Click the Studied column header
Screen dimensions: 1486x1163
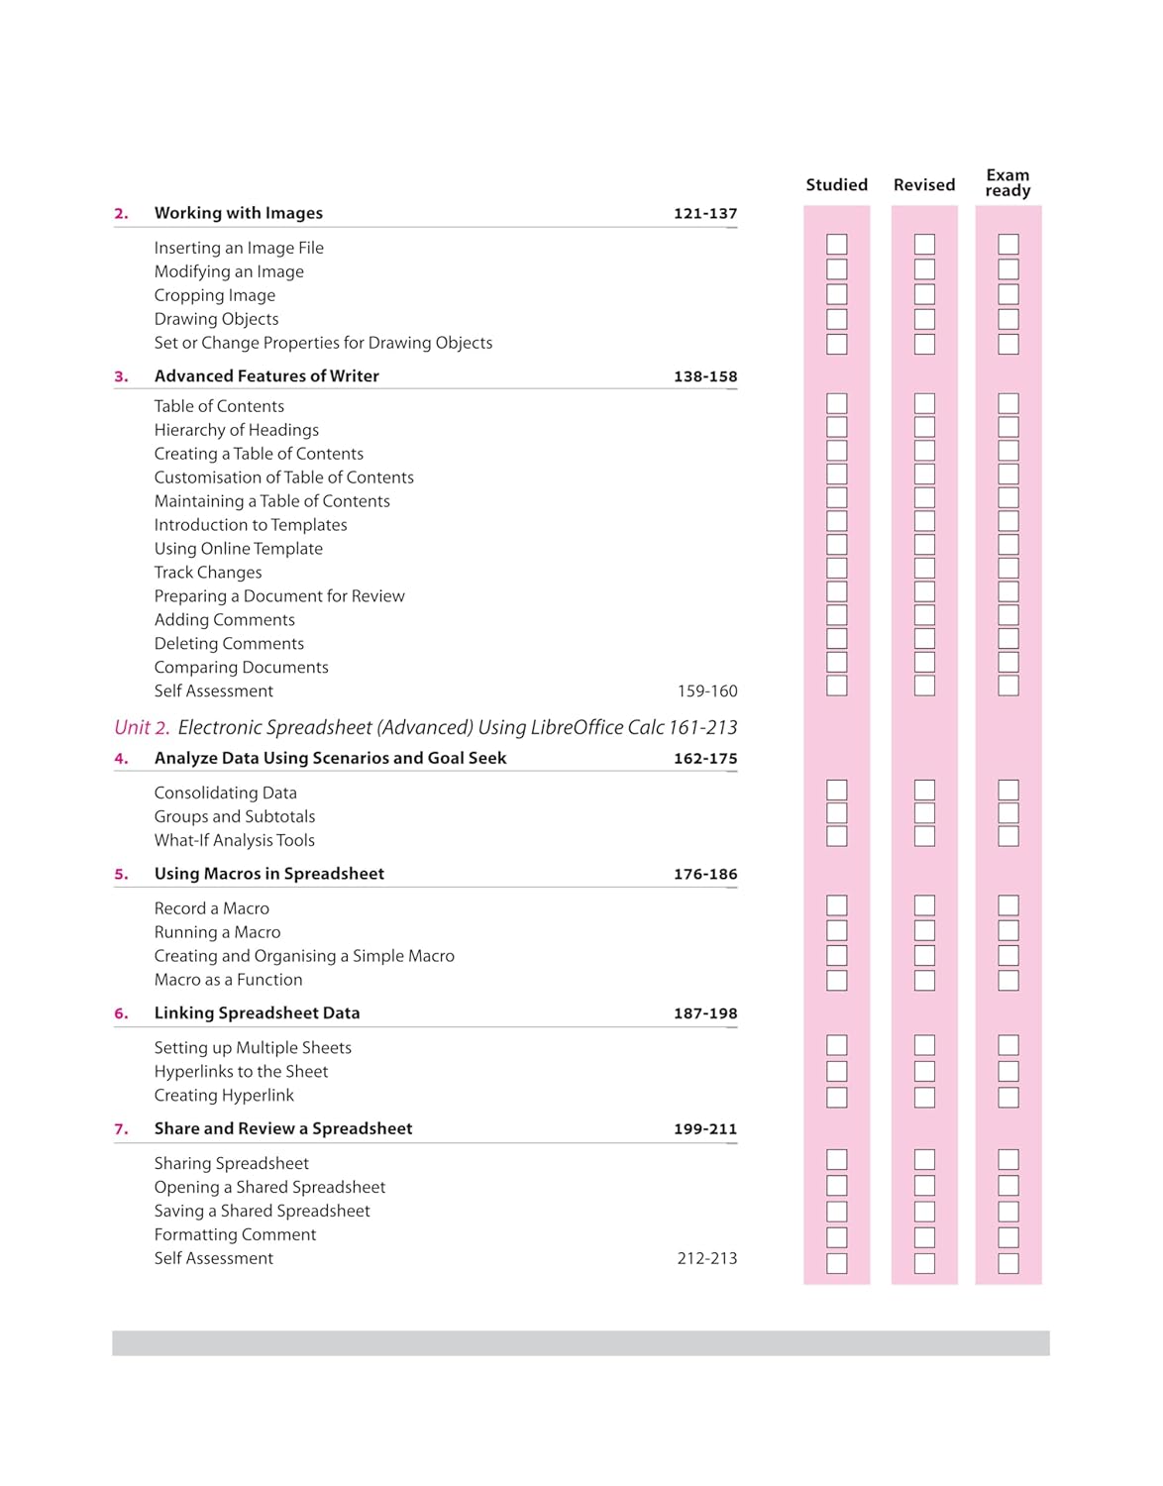836,184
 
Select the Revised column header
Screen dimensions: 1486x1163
923,184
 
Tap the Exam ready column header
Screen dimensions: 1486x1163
1007,182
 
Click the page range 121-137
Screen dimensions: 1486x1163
704,213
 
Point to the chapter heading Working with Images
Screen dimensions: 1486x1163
238,213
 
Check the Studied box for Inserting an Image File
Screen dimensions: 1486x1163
837,245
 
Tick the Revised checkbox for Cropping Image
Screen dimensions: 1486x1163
924,294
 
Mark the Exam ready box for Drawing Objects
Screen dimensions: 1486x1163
1008,319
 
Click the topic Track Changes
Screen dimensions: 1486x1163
208,573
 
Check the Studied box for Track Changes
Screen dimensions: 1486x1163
837,569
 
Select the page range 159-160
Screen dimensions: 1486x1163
706,691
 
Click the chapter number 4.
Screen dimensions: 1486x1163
121,759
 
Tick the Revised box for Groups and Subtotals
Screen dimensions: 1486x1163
924,813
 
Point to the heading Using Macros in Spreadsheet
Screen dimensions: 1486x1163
268,874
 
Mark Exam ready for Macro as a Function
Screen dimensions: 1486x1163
1008,981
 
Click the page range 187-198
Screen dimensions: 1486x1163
704,1013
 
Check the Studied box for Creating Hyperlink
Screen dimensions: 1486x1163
837,1097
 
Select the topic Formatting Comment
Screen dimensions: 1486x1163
235,1234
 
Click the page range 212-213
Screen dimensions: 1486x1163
706,1258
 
